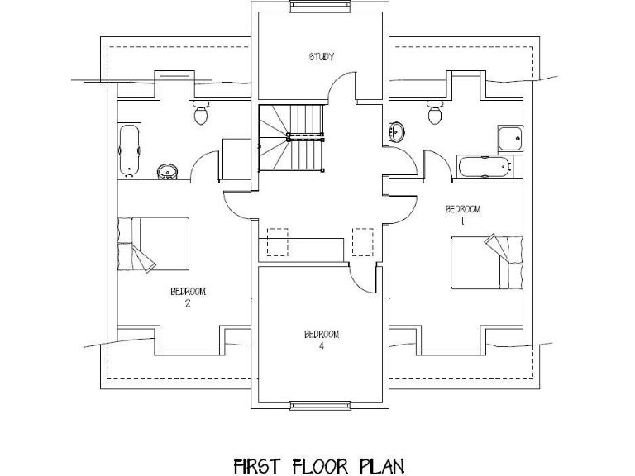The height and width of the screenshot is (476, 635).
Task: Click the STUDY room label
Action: (321, 57)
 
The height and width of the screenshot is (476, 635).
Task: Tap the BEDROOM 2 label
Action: (188, 296)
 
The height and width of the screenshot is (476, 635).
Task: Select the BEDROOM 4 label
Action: (322, 339)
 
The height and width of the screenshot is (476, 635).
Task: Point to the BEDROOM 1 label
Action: (463, 214)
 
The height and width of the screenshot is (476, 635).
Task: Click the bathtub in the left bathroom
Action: (129, 150)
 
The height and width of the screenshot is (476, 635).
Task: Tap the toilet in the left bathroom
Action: (200, 113)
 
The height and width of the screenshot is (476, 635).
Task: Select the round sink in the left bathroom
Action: (167, 171)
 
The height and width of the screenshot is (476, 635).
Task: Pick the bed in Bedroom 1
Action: (487, 262)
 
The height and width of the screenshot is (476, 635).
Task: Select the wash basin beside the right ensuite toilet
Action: (398, 131)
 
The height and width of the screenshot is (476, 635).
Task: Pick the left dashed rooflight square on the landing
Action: (277, 242)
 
